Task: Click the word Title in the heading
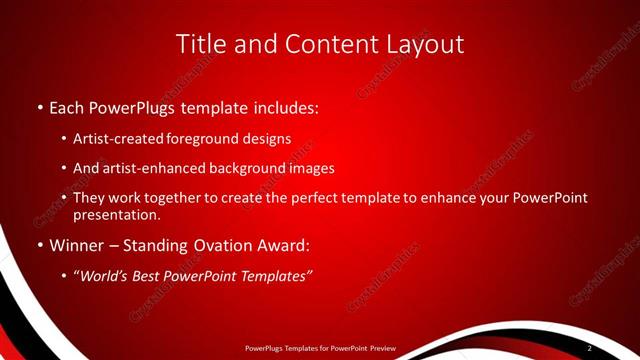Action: click(200, 44)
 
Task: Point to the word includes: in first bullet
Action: click(283, 106)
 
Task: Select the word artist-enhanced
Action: click(156, 168)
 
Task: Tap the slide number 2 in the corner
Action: click(590, 348)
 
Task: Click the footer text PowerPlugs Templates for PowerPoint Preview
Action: click(320, 348)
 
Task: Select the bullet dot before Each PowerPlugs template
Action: click(39, 106)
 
